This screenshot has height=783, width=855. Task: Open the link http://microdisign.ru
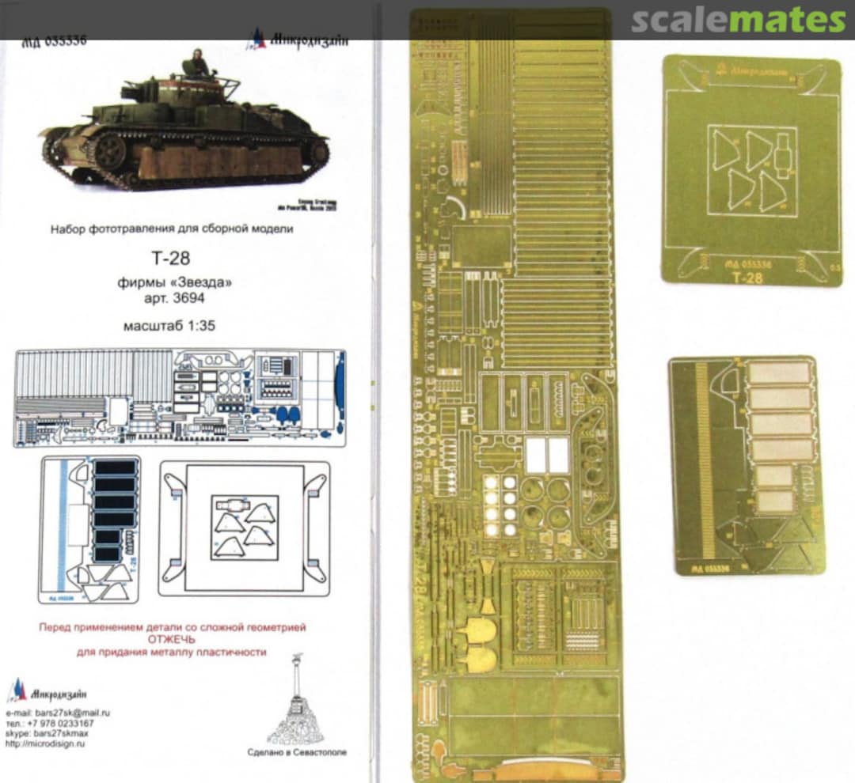click(x=46, y=744)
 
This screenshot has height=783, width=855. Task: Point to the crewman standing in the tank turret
click(x=196, y=62)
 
